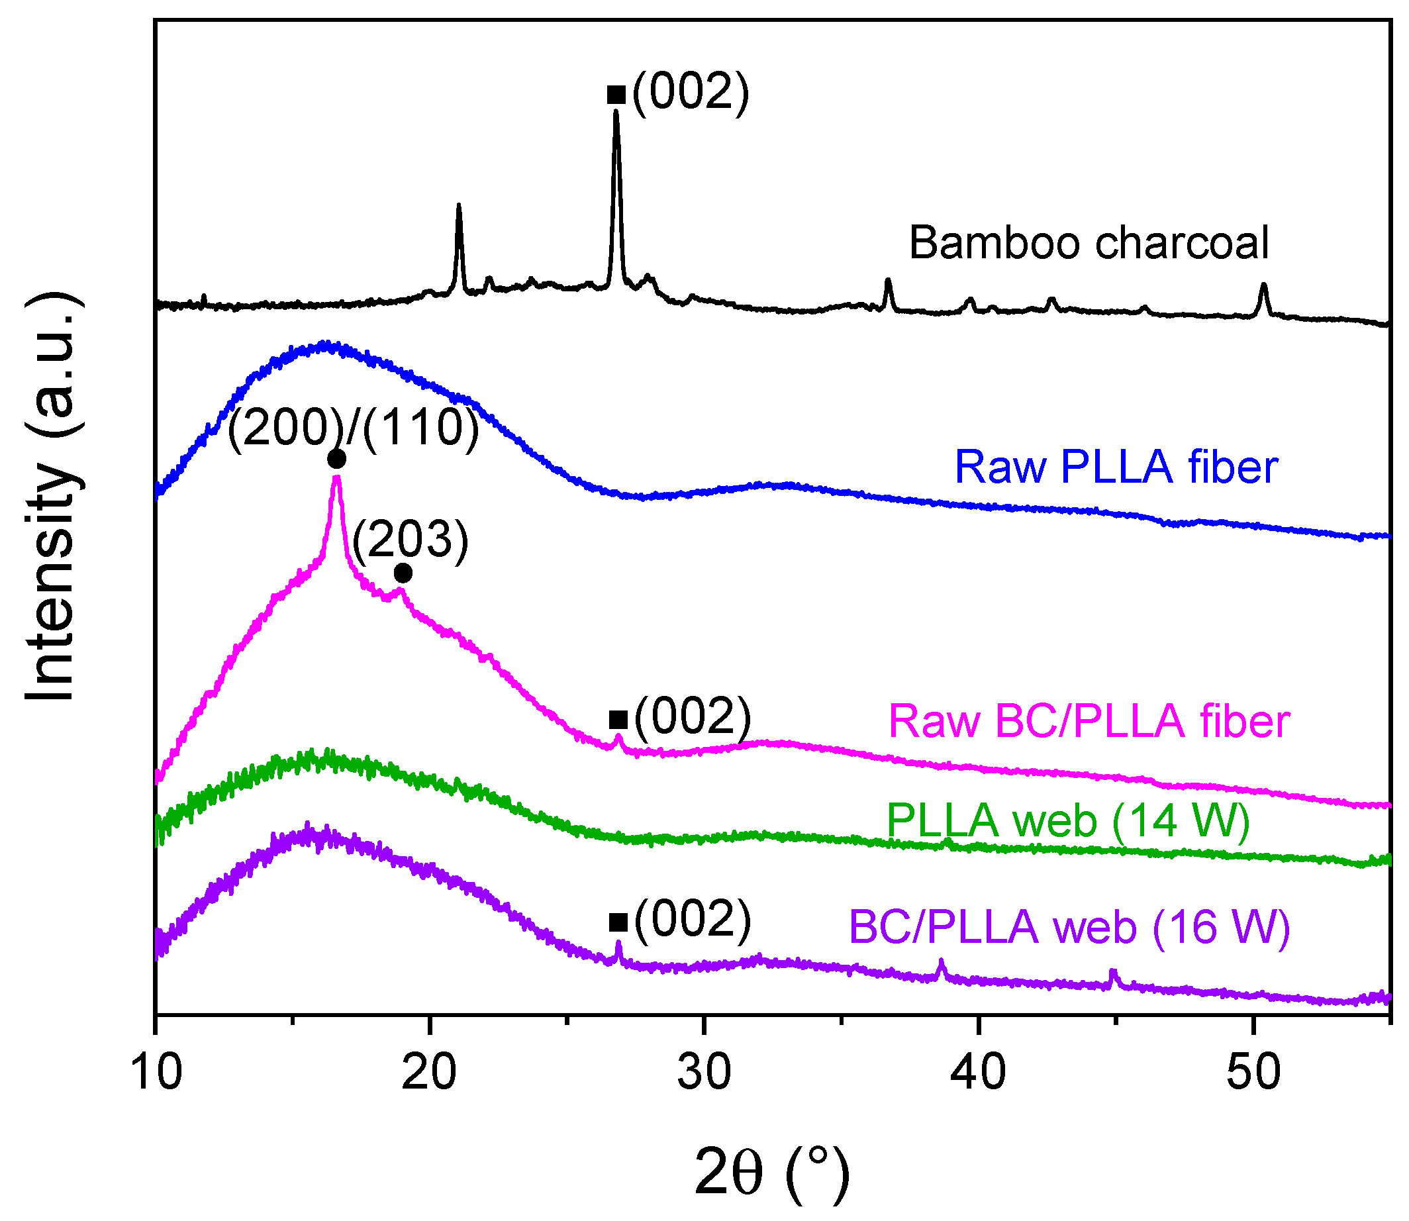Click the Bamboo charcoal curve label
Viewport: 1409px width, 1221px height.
(x=1088, y=243)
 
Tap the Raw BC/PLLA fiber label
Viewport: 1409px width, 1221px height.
(x=1088, y=722)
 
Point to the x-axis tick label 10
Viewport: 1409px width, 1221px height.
(x=157, y=1072)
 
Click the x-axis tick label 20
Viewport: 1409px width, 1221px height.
(x=429, y=1072)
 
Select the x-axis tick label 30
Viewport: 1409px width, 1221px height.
(x=704, y=1072)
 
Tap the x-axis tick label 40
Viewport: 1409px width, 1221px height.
(x=979, y=1072)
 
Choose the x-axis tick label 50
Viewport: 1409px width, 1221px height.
(x=1253, y=1072)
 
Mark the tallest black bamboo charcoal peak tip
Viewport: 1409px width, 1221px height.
(x=616, y=113)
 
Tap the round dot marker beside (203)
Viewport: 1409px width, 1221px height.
(x=403, y=573)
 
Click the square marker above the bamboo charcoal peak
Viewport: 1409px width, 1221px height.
(x=616, y=95)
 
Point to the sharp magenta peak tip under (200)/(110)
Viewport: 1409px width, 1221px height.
(x=336, y=478)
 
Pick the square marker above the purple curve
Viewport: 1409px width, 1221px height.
(x=617, y=922)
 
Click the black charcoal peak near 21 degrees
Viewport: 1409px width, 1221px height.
(x=459, y=206)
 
